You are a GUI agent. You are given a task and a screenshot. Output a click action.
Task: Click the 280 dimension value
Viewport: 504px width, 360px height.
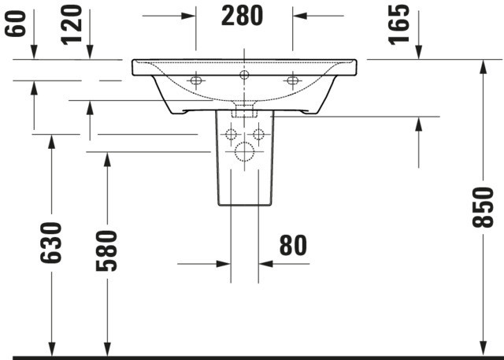[x=242, y=16]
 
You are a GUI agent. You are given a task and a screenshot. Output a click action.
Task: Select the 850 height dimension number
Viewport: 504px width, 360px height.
[x=483, y=207]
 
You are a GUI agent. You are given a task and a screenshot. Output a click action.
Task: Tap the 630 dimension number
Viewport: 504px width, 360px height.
[x=50, y=243]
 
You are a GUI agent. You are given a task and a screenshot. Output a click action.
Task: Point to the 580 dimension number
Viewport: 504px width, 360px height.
[x=107, y=251]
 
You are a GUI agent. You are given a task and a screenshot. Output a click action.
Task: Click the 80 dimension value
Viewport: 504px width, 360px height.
[x=294, y=245]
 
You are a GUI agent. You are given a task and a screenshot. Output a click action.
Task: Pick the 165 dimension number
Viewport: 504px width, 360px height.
[x=398, y=24]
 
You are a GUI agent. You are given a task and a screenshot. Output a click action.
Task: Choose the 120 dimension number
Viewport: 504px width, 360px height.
[x=72, y=24]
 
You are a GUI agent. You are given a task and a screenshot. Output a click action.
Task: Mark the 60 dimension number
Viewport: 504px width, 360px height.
[x=15, y=24]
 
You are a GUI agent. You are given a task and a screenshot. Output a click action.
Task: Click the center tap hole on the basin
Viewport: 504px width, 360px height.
[x=244, y=75]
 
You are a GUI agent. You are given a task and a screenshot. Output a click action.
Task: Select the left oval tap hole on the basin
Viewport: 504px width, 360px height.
[x=196, y=80]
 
